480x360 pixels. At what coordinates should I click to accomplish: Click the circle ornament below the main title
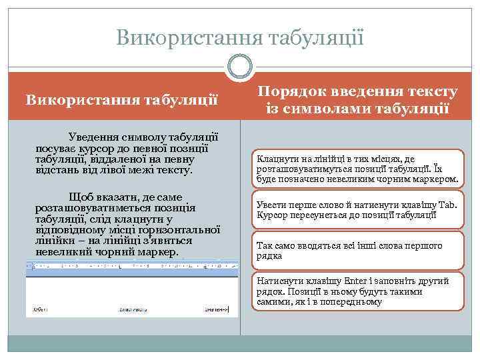point(240,65)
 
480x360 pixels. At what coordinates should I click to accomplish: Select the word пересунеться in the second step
point(313,215)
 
